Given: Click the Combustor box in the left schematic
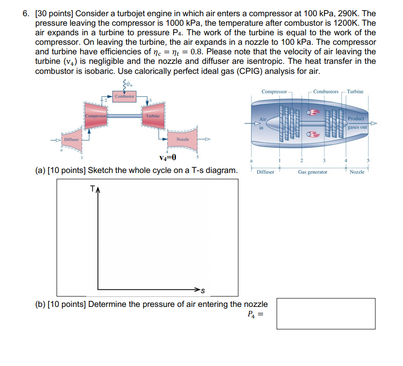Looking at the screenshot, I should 125,97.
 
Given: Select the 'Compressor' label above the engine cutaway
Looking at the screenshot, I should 274,91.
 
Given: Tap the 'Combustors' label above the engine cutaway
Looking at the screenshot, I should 326,91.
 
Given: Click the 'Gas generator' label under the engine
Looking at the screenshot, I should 313,172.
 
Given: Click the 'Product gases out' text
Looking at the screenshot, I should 356,123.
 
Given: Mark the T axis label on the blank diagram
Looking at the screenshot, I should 92,189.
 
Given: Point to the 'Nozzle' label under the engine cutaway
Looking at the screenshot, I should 357,172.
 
